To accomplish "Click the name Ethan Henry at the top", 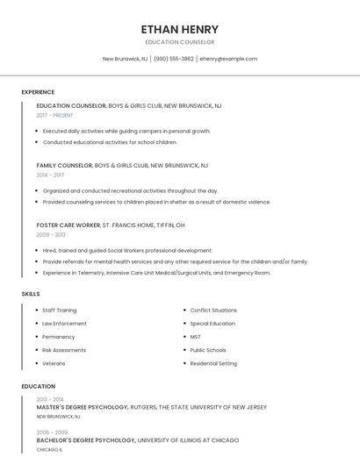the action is (179, 29).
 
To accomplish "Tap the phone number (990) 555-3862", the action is (174, 59).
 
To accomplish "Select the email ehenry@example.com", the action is (228, 59).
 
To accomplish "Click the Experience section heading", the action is (38, 92).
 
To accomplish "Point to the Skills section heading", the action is (31, 294).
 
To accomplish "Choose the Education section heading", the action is (38, 386).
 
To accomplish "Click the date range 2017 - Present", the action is (54, 115).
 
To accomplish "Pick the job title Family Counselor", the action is (64, 165).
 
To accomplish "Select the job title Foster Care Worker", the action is (68, 225).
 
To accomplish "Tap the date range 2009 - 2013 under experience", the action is (51, 234).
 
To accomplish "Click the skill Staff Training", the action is (59, 310).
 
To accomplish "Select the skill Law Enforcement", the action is (64, 323).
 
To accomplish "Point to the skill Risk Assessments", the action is (64, 349).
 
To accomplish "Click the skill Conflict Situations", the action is (213, 310).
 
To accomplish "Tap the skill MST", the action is (195, 336).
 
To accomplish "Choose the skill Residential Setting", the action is (213, 362).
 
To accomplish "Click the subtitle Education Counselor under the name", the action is (179, 42).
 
